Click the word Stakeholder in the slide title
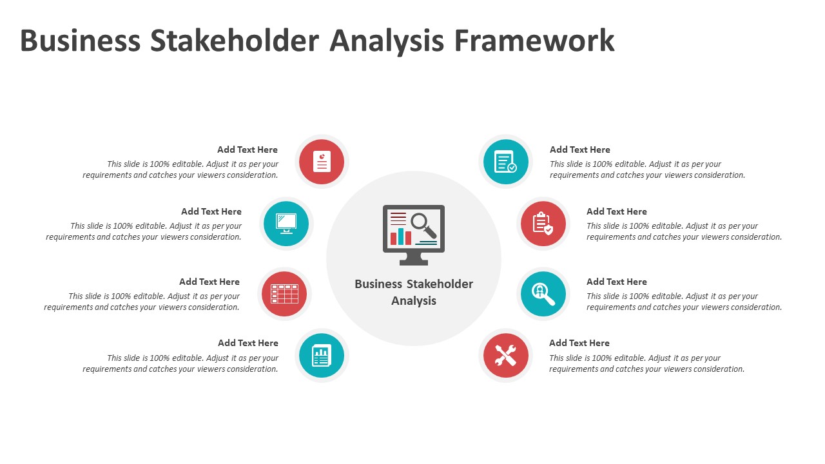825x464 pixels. [x=235, y=40]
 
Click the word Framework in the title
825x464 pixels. [x=534, y=40]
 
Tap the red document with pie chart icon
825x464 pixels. [x=322, y=162]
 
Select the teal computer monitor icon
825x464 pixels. [x=286, y=224]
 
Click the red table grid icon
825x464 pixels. [x=284, y=294]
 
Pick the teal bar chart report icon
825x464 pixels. [x=322, y=356]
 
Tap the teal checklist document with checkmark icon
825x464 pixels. [x=505, y=162]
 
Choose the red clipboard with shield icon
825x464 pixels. [x=543, y=224]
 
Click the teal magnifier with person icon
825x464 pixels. [x=543, y=295]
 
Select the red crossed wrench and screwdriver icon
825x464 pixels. [x=505, y=356]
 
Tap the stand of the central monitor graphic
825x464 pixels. [x=414, y=258]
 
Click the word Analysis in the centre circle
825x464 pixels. [x=414, y=301]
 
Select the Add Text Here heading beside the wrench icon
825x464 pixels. [x=579, y=343]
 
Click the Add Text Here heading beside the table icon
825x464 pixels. [x=209, y=282]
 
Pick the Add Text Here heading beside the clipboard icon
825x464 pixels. [x=617, y=211]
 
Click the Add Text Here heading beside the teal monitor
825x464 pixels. [x=211, y=211]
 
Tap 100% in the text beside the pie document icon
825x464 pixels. [x=160, y=164]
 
